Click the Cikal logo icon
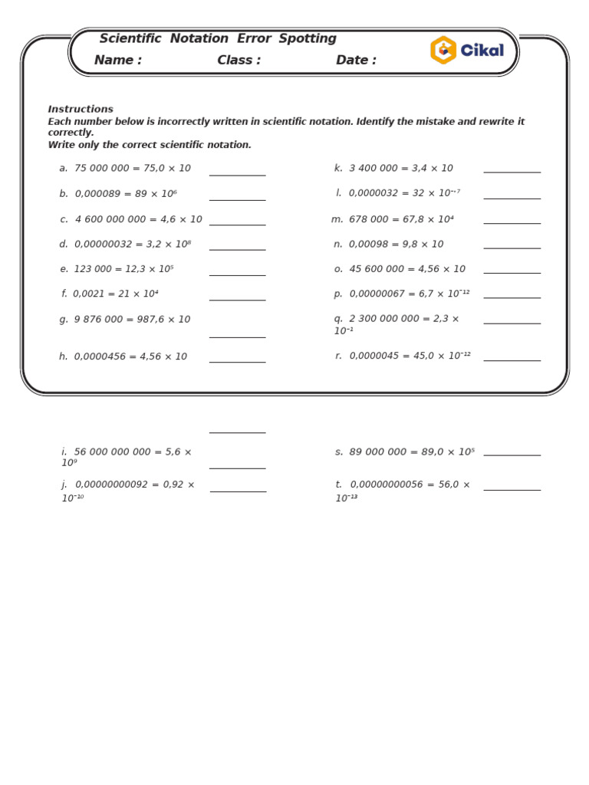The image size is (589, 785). (x=443, y=51)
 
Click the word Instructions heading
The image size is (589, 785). (x=81, y=110)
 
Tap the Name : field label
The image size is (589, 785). (x=117, y=61)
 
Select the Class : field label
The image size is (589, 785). (x=239, y=61)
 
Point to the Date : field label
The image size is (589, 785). (x=356, y=61)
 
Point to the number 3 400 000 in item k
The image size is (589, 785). (x=373, y=169)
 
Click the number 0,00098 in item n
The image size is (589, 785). (x=368, y=245)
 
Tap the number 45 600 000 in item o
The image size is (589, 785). (x=375, y=269)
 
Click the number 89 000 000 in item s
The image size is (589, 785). (x=377, y=452)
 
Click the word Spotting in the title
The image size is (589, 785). (x=307, y=39)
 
